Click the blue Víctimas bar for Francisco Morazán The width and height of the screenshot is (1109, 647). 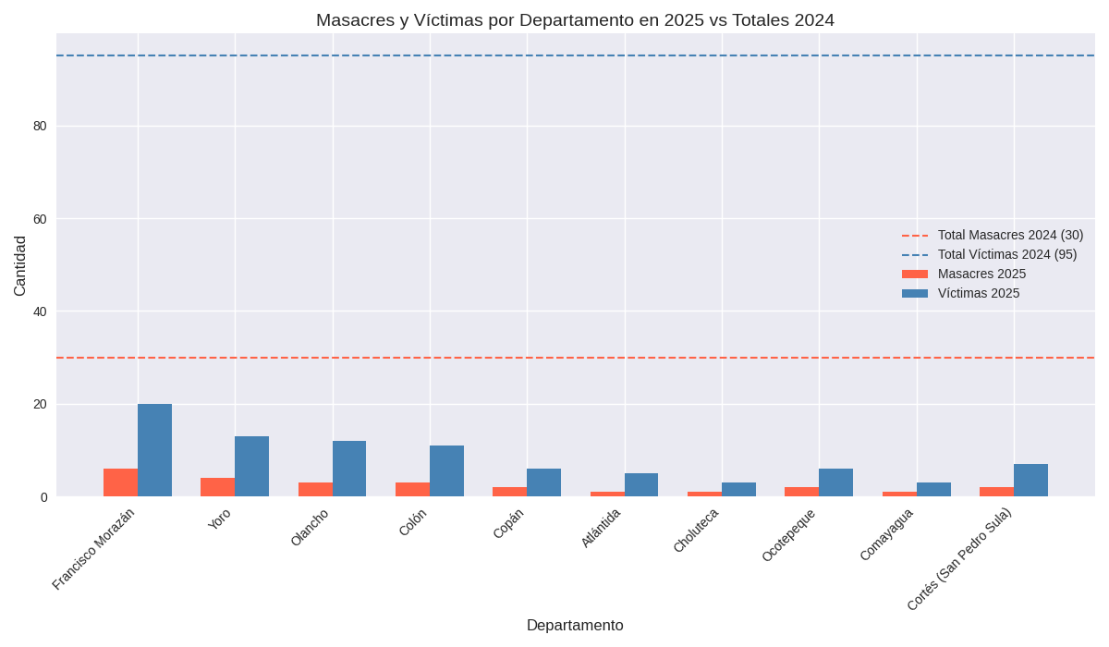coord(154,450)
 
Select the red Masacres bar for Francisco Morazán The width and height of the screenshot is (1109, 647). coord(120,482)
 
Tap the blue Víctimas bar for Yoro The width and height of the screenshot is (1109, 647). coord(251,467)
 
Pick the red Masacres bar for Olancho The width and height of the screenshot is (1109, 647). coord(315,490)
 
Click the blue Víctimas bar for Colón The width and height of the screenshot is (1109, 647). coord(446,471)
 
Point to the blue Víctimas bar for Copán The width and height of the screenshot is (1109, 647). coord(543,482)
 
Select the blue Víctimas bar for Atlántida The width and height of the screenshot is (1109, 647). coord(641,485)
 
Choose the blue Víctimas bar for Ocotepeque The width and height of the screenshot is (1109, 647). coord(835,482)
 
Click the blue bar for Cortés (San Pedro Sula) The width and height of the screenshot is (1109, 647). coord(1030,481)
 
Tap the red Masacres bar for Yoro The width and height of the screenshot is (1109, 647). coord(217,487)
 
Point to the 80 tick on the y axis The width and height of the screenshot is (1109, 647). coord(40,126)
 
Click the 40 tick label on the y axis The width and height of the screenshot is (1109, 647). coord(40,311)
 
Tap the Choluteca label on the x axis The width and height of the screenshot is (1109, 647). coord(696,531)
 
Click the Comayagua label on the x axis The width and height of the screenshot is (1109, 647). coord(886,534)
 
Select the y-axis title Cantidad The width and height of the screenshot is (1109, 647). coord(20,266)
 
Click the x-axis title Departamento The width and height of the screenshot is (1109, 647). coord(575,626)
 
